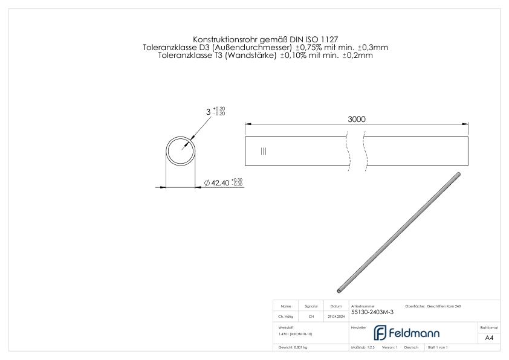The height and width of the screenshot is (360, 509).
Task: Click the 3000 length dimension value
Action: pyautogui.click(x=356, y=120)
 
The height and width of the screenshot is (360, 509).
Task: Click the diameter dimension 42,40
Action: pyautogui.click(x=218, y=183)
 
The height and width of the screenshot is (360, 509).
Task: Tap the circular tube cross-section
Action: pyautogui.click(x=181, y=150)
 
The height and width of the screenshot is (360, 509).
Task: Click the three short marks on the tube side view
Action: pyautogui.click(x=263, y=151)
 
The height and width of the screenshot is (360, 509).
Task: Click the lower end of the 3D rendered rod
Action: pyautogui.click(x=339, y=289)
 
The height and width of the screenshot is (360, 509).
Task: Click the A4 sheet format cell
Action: pyautogui.click(x=489, y=338)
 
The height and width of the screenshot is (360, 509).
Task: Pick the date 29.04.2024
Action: pyautogui.click(x=337, y=316)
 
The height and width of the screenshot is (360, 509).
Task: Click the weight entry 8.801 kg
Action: pyautogui.click(x=293, y=348)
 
